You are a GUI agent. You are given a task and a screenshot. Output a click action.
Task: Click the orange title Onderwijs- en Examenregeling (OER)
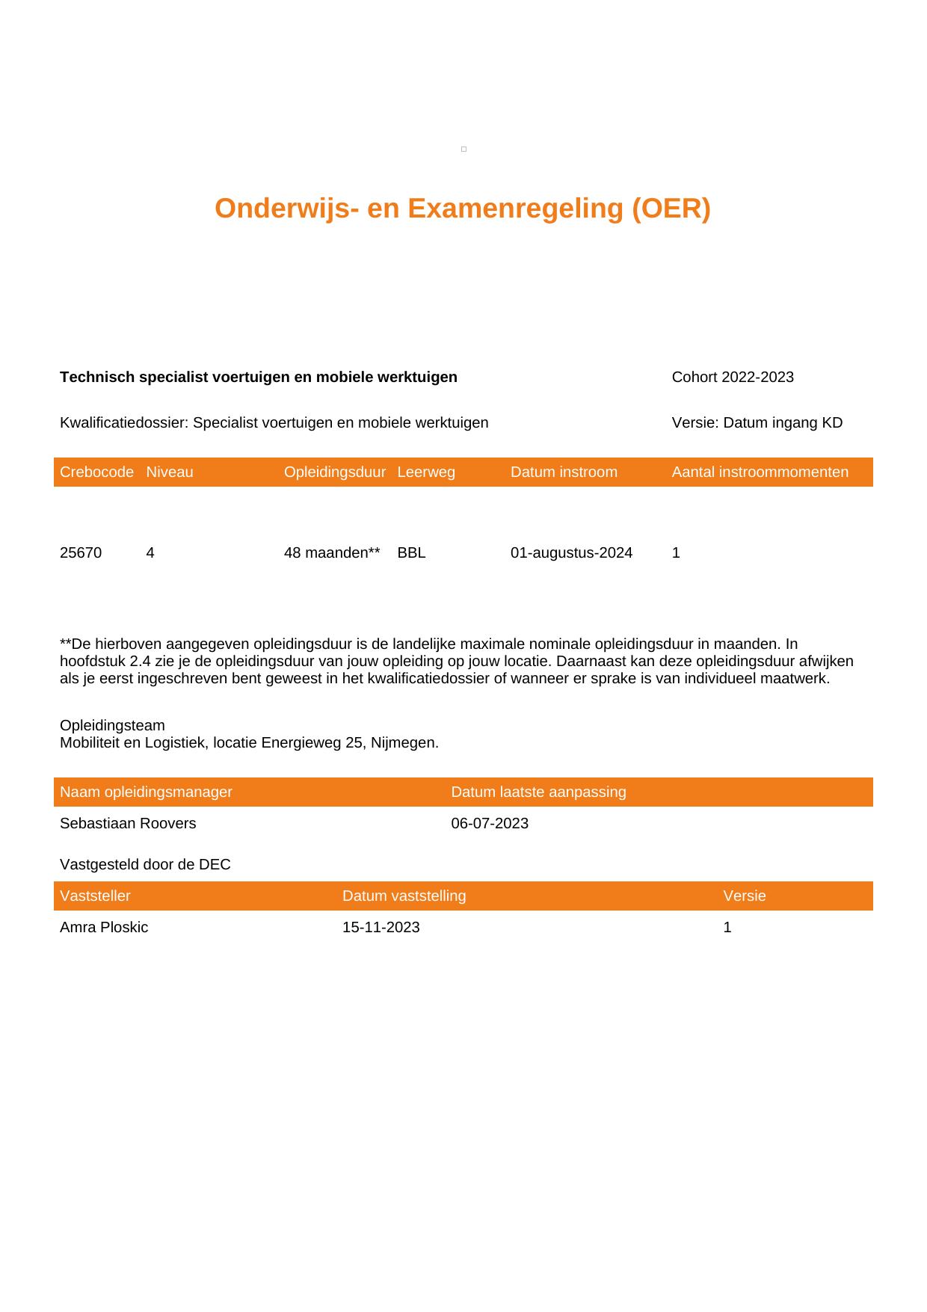point(462,209)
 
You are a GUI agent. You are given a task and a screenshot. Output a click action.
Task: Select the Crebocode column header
point(96,472)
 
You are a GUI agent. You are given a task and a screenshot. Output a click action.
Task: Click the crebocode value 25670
point(81,553)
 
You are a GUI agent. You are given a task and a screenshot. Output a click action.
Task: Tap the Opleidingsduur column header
point(334,472)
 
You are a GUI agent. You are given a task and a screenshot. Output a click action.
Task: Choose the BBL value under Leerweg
point(411,553)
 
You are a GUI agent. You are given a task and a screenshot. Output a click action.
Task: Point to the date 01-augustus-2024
point(571,553)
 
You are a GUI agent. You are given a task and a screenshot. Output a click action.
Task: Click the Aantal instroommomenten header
point(760,472)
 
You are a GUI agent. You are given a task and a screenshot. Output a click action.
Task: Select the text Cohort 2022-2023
point(733,377)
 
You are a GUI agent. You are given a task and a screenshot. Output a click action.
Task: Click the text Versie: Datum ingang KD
point(757,423)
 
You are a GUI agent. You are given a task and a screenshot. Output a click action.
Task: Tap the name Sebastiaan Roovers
point(128,823)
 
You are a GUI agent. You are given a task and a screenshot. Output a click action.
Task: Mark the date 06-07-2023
point(490,823)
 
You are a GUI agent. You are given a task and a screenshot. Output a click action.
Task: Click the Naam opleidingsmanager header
point(146,792)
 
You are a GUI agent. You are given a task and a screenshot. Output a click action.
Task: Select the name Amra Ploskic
point(104,927)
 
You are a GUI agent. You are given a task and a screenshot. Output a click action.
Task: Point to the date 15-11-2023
point(381,927)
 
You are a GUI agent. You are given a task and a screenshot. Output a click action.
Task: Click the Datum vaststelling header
point(404,896)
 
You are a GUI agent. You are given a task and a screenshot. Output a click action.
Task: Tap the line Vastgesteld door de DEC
point(145,865)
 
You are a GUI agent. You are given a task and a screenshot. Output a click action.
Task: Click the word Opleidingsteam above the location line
point(112,726)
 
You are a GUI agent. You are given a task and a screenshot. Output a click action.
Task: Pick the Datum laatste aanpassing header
point(538,792)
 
